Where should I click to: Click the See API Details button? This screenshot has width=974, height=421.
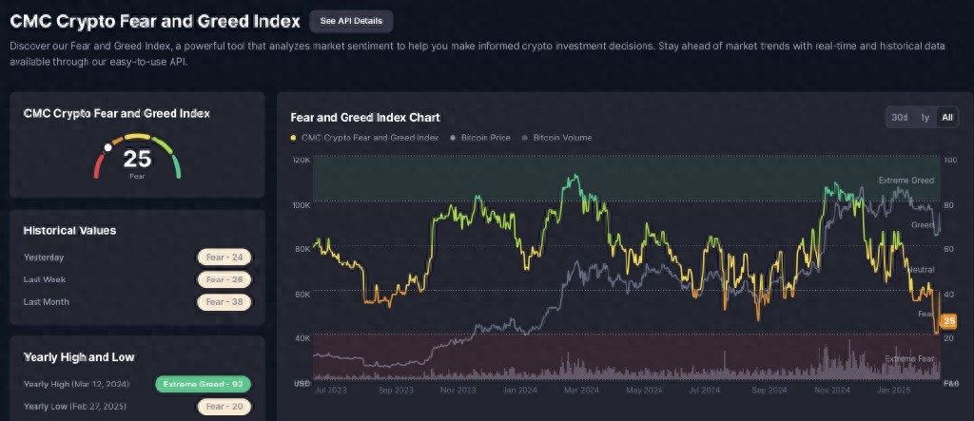[351, 20]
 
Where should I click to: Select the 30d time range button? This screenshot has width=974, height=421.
[899, 117]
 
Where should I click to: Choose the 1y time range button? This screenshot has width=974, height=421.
[924, 117]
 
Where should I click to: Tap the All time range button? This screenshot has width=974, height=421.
[945, 117]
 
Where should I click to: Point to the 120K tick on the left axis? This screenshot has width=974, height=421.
[301, 160]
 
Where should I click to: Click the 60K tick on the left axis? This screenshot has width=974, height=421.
[301, 294]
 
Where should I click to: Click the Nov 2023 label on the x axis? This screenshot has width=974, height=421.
[458, 390]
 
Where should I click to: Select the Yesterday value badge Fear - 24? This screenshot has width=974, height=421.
[225, 257]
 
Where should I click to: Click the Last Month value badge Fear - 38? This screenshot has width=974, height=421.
[225, 302]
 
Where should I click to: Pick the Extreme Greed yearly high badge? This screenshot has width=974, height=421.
[204, 385]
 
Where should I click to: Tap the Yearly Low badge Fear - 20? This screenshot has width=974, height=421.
[225, 408]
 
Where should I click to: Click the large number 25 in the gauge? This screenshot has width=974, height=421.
[137, 159]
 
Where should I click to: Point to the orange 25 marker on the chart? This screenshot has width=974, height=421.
[948, 321]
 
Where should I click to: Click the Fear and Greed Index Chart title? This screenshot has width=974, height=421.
[364, 118]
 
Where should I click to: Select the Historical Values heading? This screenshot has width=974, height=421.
[69, 230]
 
